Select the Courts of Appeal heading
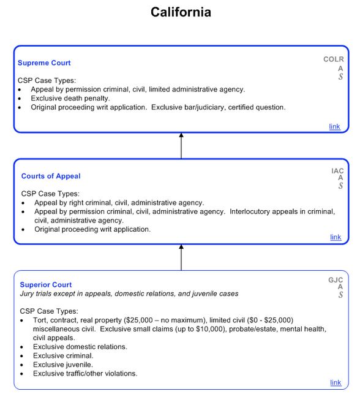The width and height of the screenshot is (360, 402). [51, 176]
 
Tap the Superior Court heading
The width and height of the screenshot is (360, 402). [45, 285]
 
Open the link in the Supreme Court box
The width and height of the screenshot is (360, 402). [334, 127]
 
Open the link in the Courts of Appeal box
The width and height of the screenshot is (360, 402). [336, 237]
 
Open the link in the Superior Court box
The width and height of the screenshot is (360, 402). [336, 383]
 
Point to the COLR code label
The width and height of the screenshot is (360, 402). [334, 59]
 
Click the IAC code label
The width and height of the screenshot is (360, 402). [337, 171]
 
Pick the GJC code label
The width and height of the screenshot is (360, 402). [336, 280]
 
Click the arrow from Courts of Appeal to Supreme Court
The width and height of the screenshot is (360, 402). [181, 146]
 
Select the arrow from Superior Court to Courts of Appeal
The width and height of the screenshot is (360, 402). [181, 257]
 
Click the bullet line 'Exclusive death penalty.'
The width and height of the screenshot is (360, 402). [70, 98]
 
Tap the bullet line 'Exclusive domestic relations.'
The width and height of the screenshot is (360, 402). [80, 347]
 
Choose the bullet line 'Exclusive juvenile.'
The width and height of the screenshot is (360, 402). [64, 365]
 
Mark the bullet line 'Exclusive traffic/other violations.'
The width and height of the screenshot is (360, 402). [85, 373]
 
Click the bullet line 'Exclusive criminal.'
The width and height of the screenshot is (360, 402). [63, 355]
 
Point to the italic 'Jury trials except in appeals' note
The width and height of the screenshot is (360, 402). [129, 294]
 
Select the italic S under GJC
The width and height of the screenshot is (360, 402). [340, 295]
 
